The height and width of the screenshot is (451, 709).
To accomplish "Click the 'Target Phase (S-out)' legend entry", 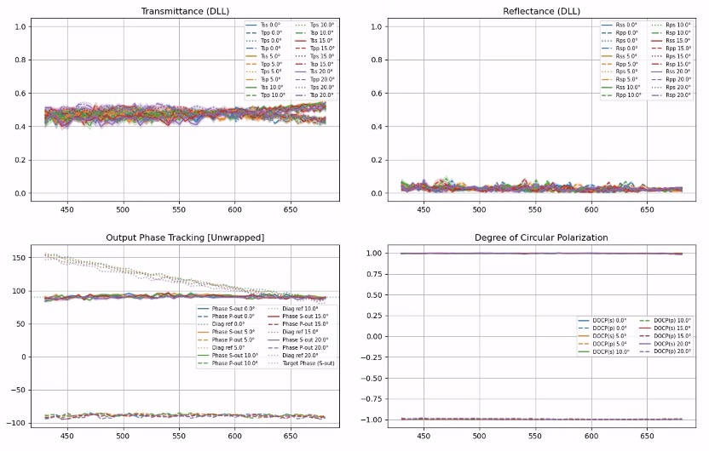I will pos(302,363).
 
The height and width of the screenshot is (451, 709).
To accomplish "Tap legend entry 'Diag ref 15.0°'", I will pos(295,331).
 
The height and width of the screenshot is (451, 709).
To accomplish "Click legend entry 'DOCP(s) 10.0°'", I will pos(608,351).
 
